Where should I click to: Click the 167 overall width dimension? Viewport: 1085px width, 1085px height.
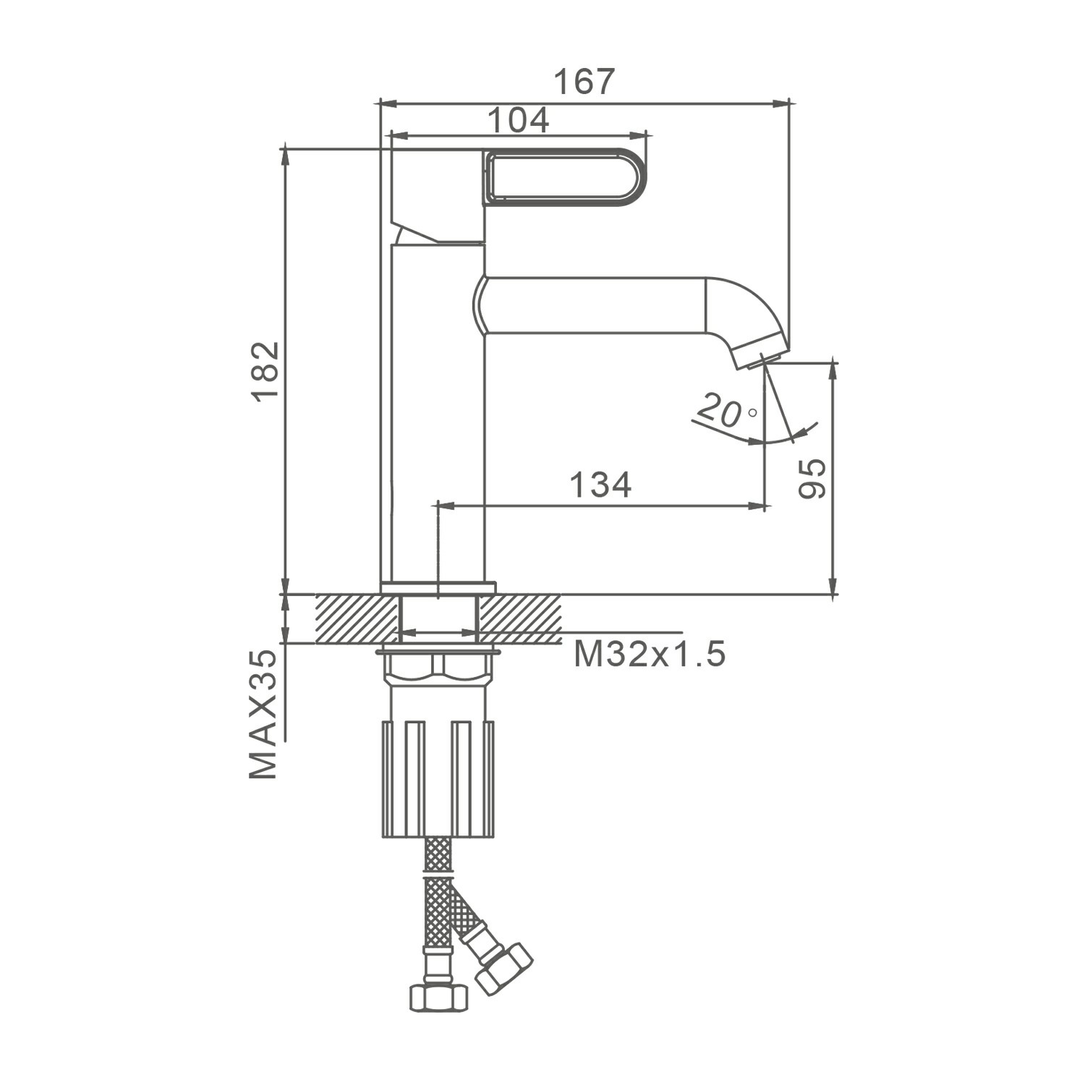pyautogui.click(x=584, y=82)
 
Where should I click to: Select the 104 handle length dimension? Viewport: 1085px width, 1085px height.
pyautogui.click(x=518, y=120)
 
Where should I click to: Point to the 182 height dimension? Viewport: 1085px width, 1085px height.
pyautogui.click(x=265, y=370)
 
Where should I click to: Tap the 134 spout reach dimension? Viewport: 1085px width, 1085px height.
pyautogui.click(x=600, y=485)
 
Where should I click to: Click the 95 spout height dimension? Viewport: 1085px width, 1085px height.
pyautogui.click(x=812, y=478)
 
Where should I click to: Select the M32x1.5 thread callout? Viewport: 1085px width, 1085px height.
pyautogui.click(x=650, y=655)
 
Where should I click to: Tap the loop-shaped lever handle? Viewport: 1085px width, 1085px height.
pyautogui.click(x=565, y=176)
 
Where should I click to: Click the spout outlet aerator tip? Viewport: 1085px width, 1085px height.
pyautogui.click(x=762, y=354)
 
